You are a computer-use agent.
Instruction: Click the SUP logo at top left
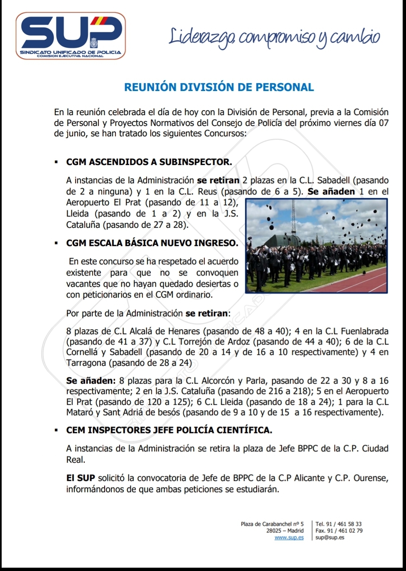71,36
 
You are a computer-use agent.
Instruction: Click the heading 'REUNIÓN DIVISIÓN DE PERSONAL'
219,87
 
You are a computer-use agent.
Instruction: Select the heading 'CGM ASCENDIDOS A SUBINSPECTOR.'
149,162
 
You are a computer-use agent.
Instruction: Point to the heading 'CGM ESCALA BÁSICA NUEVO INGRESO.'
152,243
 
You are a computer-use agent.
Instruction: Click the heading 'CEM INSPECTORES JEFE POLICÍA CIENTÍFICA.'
169,430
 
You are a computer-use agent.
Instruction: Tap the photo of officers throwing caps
316,246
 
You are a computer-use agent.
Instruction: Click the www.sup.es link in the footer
289,538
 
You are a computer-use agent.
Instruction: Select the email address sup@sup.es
330,538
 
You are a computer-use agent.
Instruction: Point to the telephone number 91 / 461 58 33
344,524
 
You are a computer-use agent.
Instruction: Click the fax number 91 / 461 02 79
345,531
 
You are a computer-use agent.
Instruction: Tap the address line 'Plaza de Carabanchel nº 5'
272,524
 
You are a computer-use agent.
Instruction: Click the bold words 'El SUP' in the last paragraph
81,478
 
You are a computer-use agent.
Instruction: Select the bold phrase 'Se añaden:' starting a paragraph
91,381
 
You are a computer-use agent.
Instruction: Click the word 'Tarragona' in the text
86,363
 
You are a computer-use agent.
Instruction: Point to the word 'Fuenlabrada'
364,331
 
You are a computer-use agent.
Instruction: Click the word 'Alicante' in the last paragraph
310,478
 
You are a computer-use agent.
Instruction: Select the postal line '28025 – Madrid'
285,531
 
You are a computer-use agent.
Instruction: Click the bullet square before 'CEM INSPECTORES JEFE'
56,431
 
